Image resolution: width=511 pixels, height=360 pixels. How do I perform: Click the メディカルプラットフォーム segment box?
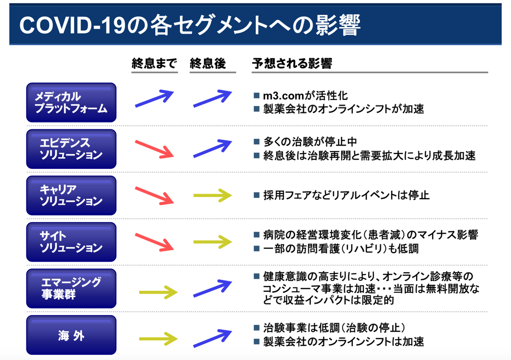coord(71,102)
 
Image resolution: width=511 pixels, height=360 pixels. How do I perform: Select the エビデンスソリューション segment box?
coord(71,149)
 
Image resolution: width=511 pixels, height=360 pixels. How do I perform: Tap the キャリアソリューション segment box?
coord(71,196)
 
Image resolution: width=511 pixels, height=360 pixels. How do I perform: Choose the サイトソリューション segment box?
coord(71,242)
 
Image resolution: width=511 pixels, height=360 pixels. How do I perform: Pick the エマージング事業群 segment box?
coord(71,289)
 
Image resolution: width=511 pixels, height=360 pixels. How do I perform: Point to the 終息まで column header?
coord(154,64)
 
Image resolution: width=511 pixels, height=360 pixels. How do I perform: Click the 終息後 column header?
coord(208,64)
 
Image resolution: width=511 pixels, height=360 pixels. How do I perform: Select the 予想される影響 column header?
coord(292,64)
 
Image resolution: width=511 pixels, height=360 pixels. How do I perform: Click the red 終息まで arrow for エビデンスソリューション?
coord(154,148)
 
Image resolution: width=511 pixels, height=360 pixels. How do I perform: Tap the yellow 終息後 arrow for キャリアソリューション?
coord(212,196)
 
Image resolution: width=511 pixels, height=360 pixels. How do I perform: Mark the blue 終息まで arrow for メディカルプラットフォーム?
coord(154,99)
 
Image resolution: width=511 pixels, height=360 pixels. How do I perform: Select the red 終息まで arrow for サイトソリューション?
coord(154,241)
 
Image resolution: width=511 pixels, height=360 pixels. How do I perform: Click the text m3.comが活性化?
coord(305,96)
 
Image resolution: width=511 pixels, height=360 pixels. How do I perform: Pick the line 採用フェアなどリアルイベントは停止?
coord(346,196)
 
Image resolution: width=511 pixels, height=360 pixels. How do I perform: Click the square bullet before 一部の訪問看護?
coord(256,248)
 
